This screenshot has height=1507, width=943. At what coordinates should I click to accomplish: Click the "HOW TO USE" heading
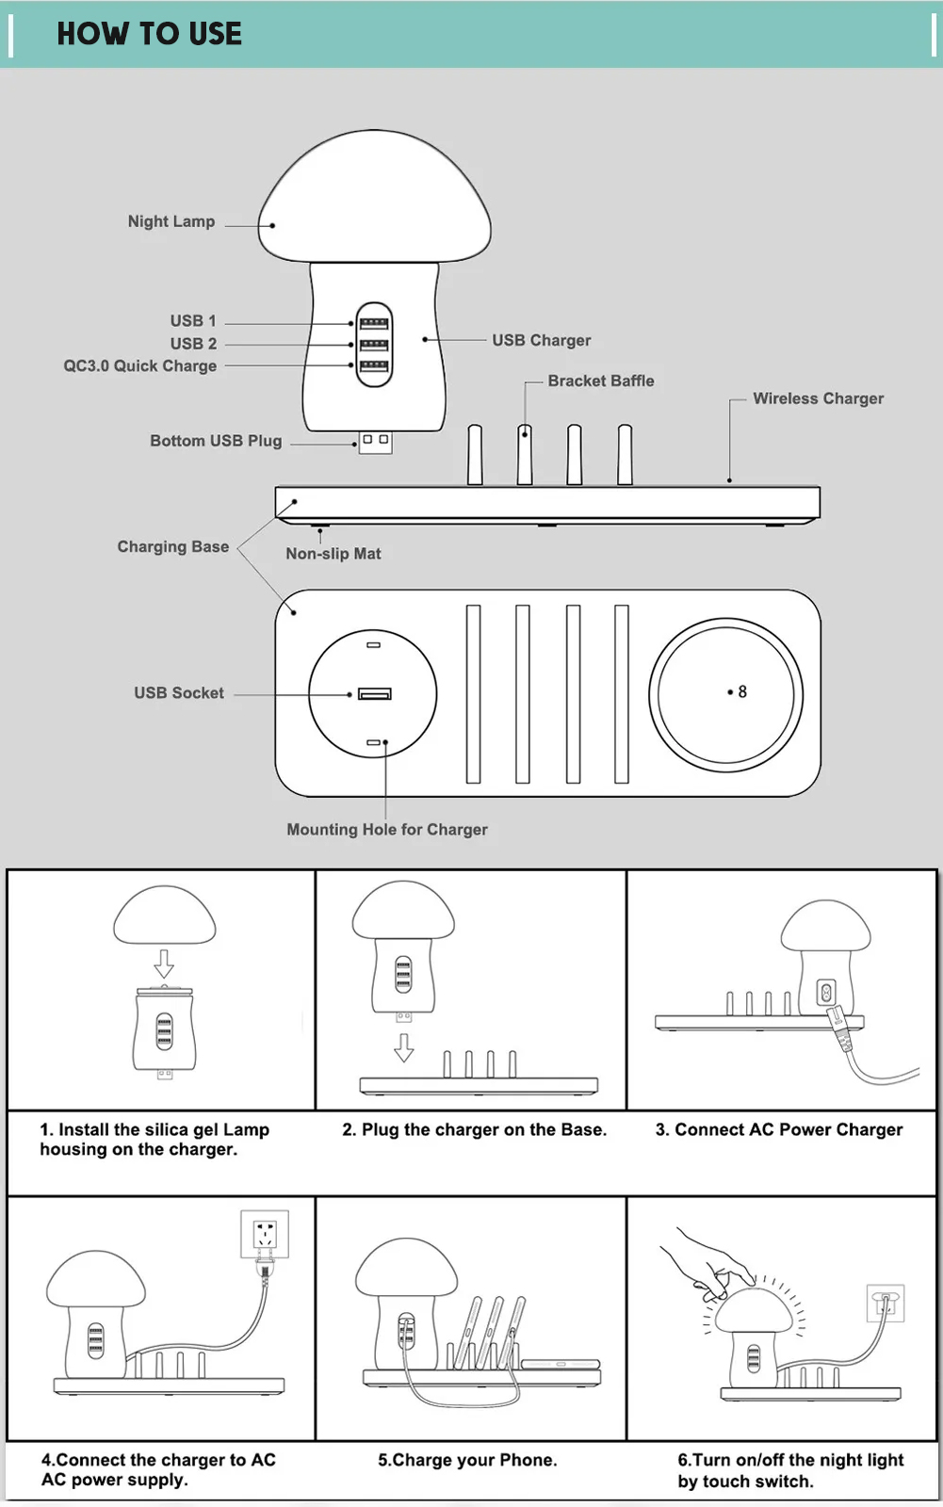(x=149, y=34)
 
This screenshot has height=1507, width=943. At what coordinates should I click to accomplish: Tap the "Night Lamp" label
(x=171, y=221)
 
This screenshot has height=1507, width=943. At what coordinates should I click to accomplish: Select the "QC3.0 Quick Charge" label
(x=140, y=365)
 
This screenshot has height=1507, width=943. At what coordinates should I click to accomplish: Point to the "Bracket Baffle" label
(x=600, y=381)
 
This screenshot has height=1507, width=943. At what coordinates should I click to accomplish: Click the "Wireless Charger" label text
(x=818, y=398)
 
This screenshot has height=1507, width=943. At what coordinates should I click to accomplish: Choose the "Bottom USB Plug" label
(x=216, y=441)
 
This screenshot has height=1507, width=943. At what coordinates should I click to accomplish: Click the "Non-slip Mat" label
(x=333, y=554)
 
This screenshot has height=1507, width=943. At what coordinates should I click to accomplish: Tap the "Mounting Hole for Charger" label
(x=387, y=829)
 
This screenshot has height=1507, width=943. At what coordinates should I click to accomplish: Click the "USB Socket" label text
(x=179, y=693)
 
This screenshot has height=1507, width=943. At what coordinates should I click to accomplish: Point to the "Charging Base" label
(x=173, y=546)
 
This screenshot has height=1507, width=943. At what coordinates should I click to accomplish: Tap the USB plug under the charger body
(x=375, y=442)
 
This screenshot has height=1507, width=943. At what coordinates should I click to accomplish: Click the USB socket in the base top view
(x=374, y=694)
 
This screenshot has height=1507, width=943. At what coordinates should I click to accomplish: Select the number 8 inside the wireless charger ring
(x=742, y=691)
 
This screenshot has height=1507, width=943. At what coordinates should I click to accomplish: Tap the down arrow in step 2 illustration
(x=404, y=1047)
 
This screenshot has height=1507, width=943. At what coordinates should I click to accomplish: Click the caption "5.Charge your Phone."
(x=467, y=1460)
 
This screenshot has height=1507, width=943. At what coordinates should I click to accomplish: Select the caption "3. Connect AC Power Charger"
(x=779, y=1129)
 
